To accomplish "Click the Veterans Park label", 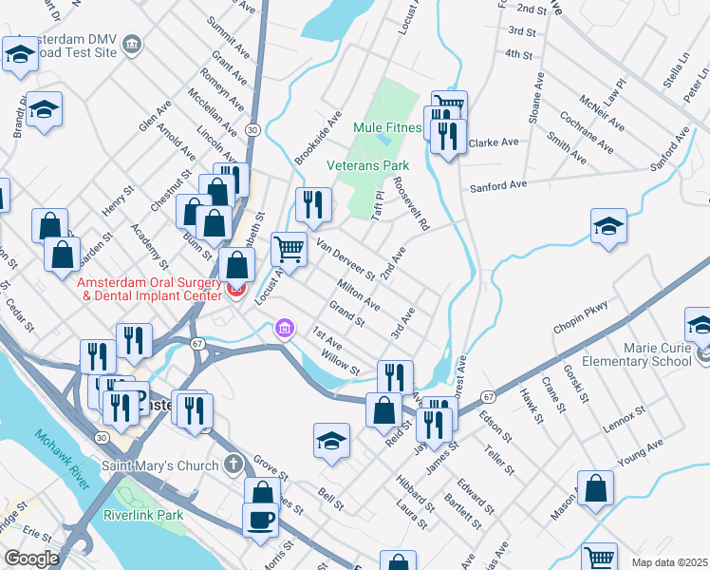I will click(368, 165).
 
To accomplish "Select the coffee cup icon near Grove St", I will click(261, 521).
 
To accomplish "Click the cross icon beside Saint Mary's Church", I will click(234, 465).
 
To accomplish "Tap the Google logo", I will click(31, 559).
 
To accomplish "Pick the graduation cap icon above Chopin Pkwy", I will click(608, 227).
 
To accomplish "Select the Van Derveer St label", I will click(346, 259).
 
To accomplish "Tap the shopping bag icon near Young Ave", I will click(595, 488).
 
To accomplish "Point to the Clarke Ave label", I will click(494, 143).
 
